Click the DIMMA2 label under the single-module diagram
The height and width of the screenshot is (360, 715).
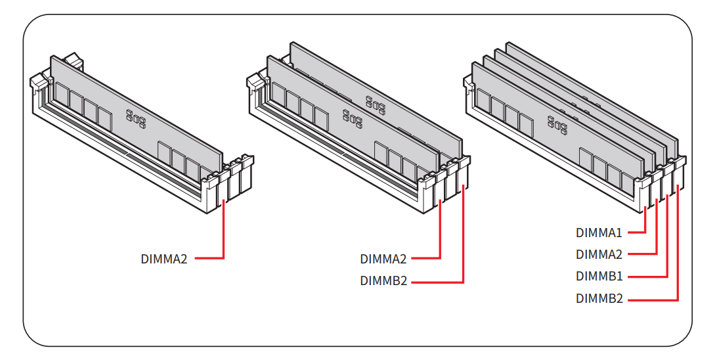(164, 259)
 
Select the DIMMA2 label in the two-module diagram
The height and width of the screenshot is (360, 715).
(383, 259)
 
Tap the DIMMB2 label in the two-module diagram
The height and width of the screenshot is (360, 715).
(383, 281)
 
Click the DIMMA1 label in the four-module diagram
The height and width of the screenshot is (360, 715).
(599, 233)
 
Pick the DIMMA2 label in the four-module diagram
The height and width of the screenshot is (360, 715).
(599, 254)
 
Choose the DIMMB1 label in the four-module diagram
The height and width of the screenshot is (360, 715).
(599, 277)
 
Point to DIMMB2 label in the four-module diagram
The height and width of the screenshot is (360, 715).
(599, 299)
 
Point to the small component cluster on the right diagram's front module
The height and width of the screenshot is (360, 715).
(557, 124)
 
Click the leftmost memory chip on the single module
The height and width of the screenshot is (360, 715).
(62, 93)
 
